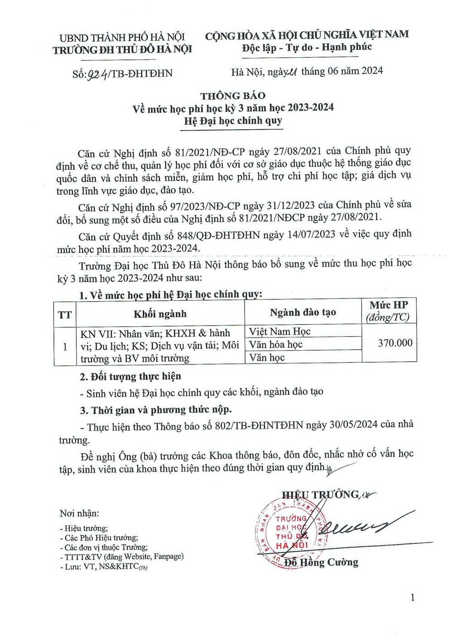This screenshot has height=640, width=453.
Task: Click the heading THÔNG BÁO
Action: point(233,96)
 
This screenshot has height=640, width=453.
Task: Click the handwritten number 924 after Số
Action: point(97,74)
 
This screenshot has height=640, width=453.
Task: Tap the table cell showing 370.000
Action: point(395,343)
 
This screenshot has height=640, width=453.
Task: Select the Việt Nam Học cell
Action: point(280,332)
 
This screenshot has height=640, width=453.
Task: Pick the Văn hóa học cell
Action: point(275,345)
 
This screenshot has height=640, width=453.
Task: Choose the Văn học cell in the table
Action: point(267,357)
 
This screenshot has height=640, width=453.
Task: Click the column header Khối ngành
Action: point(160,314)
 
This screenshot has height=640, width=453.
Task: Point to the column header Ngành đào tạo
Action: point(303,312)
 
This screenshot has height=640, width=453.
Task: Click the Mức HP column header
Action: point(388,311)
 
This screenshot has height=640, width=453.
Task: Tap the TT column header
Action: point(65,314)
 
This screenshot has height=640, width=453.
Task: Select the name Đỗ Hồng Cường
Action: point(321,563)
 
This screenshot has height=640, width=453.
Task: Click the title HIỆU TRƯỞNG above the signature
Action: point(320,495)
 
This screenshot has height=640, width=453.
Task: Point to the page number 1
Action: point(412,598)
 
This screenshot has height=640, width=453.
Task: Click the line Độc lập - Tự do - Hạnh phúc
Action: point(307,48)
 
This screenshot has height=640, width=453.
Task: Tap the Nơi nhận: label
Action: point(79,513)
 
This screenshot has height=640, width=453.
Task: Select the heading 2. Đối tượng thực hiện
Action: point(130,376)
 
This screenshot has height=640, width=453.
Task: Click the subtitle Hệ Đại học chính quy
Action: point(233,120)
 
